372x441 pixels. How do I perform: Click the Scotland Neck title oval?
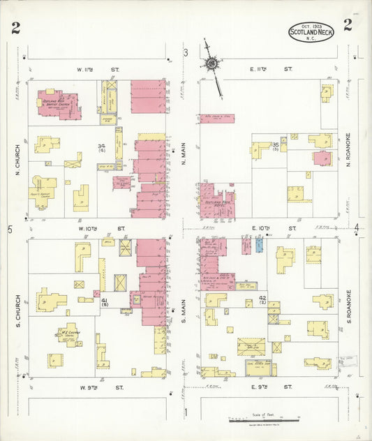(311, 31)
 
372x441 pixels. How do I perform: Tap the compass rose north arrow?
(211, 64)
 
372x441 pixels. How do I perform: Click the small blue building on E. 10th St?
(260, 244)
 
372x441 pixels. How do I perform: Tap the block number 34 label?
(102, 147)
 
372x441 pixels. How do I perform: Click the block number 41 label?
(104, 299)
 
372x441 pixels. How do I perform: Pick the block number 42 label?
(262, 299)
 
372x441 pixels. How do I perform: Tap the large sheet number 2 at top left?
(15, 29)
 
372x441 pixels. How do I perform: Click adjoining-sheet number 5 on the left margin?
(9, 230)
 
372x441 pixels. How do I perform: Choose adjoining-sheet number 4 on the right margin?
(356, 227)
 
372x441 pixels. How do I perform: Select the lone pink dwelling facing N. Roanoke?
(322, 158)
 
